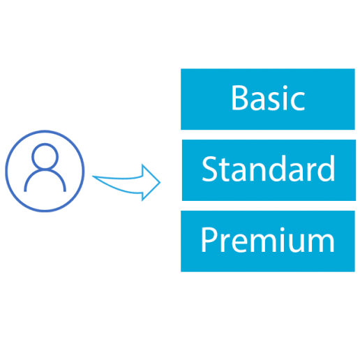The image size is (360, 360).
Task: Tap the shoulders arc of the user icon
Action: [45, 170]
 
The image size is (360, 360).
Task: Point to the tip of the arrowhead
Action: [160, 183]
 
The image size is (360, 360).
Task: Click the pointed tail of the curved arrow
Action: [93, 177]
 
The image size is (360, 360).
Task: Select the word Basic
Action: [268, 98]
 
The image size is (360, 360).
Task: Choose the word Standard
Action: [269, 168]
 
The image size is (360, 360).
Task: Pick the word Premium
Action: [268, 240]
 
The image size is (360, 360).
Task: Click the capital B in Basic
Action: [239, 98]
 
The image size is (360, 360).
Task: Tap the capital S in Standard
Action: [210, 169]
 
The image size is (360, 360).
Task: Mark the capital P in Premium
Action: [209, 239]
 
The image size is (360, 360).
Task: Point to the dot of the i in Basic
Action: [285, 88]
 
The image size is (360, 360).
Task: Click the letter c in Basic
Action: [298, 101]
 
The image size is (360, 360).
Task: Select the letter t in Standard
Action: [225, 170]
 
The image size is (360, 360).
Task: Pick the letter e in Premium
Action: [239, 243]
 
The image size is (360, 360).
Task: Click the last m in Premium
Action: [322, 243]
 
